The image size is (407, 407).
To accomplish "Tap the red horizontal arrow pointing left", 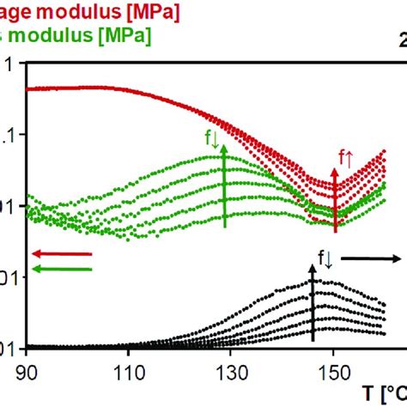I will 61,253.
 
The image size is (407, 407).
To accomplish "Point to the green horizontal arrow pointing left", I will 61,269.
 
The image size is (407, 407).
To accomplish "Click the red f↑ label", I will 346,157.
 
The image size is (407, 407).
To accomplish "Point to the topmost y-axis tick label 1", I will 9,64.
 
